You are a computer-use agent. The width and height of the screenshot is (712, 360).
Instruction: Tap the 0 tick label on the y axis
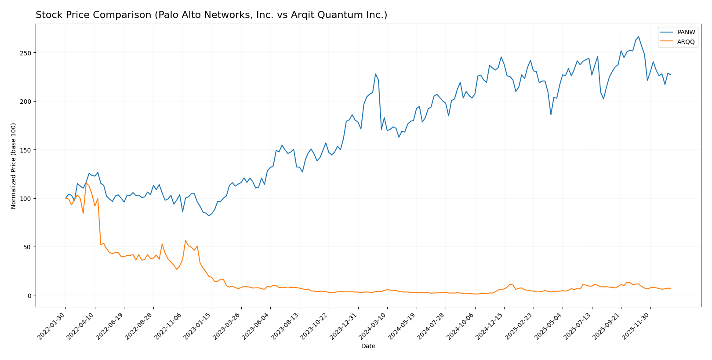pyautogui.click(x=29, y=295)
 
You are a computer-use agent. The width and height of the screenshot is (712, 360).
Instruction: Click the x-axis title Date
pyautogui.click(x=368, y=346)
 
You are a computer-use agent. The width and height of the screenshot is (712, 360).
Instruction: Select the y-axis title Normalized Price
pyautogui.click(x=14, y=166)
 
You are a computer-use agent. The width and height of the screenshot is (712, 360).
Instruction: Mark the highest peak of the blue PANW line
pyautogui.click(x=639, y=37)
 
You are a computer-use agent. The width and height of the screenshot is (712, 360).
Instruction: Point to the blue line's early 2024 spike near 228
pyautogui.click(x=375, y=74)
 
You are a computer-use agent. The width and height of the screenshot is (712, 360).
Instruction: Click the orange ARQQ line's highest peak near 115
pyautogui.click(x=86, y=183)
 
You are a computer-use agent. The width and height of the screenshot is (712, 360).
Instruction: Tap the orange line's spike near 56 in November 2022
pyautogui.click(x=185, y=240)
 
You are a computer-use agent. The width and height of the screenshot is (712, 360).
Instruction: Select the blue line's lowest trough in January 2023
pyautogui.click(x=209, y=216)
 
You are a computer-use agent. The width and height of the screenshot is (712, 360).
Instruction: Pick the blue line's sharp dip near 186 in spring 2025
pyautogui.click(x=551, y=115)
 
